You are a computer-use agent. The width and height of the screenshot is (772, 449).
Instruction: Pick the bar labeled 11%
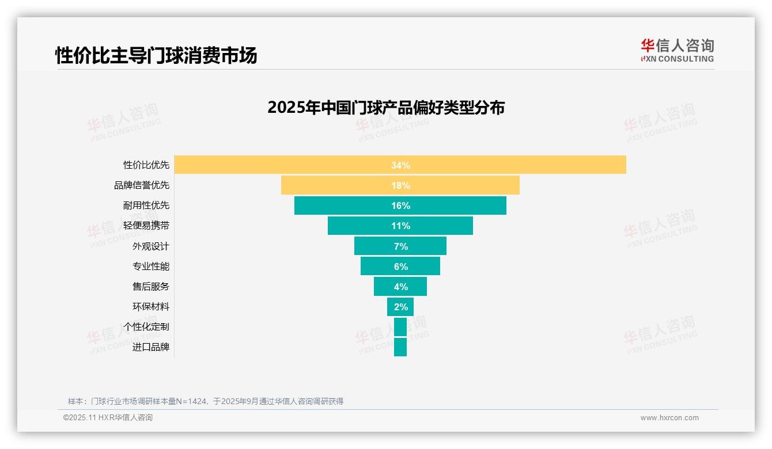tap(400, 226)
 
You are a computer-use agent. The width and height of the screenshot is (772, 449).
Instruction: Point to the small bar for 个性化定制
tap(400, 327)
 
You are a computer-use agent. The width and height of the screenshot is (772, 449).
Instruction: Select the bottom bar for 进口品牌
tap(400, 347)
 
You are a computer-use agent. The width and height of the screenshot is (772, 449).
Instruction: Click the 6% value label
tap(400, 267)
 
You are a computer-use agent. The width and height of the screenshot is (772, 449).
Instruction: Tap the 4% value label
tap(400, 287)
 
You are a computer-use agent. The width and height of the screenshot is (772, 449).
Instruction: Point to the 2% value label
tap(400, 307)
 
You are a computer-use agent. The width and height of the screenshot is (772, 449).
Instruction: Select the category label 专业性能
tap(151, 267)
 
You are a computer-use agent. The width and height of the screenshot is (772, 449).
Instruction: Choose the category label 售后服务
tap(151, 287)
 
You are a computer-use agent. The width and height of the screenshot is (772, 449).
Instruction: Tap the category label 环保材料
tap(151, 307)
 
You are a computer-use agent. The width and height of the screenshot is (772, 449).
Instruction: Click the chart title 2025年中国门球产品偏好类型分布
tap(386, 108)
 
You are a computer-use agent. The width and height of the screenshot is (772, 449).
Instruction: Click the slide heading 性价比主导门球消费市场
tap(156, 56)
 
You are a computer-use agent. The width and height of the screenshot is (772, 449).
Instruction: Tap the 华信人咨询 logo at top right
tap(677, 50)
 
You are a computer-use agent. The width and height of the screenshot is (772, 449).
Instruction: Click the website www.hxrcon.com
tap(669, 418)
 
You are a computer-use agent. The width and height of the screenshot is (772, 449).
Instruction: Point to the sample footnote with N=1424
tap(206, 401)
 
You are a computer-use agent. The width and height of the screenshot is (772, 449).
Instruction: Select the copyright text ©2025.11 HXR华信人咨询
tap(108, 418)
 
